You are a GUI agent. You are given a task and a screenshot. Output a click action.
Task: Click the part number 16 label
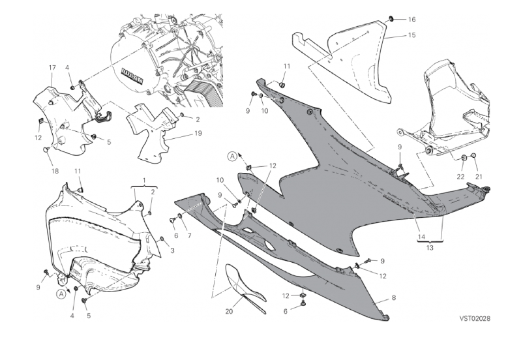point(411,20)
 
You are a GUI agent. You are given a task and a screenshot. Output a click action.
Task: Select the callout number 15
point(411,35)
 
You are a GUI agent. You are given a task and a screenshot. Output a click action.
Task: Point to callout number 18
point(55,171)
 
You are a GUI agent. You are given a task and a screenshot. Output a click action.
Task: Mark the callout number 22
point(460,177)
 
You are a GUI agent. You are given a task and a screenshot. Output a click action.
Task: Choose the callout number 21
point(479,177)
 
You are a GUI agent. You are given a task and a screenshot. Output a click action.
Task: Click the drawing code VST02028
point(474,319)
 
